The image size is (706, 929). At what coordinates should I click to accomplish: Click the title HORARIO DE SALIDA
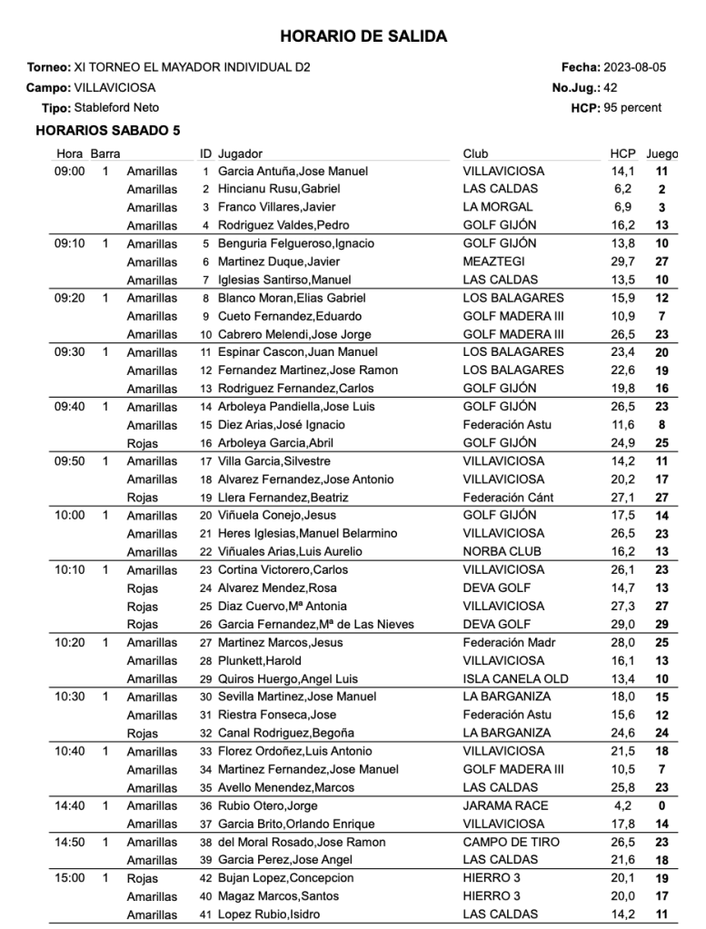[x=363, y=37]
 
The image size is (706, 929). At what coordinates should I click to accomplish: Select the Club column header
[x=475, y=153]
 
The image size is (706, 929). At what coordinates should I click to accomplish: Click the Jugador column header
[x=241, y=153]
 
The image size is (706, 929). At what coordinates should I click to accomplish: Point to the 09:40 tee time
[x=70, y=406]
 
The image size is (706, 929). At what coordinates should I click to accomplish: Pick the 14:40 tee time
[x=70, y=805]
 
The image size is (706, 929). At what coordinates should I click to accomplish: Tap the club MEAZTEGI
[x=493, y=262]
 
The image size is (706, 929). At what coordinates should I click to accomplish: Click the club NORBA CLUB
[x=502, y=551]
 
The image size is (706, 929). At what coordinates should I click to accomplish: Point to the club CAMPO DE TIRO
[x=509, y=842]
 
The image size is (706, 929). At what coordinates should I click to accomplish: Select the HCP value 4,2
[x=623, y=805]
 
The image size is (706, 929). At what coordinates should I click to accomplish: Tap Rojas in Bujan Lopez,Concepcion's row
[x=143, y=878]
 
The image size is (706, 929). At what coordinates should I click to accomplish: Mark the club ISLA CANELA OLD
[x=515, y=678]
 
